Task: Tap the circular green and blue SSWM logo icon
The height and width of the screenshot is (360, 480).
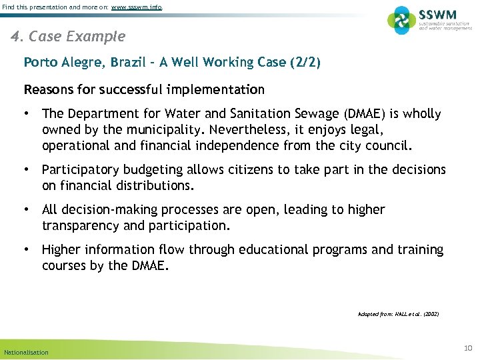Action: point(401,20)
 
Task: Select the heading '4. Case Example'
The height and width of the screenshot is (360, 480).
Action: point(68,35)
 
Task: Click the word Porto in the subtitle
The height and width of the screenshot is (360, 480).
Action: point(41,63)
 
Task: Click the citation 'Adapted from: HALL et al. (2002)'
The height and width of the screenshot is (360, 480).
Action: point(398,313)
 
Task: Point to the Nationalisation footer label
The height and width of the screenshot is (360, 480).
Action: point(26,352)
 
